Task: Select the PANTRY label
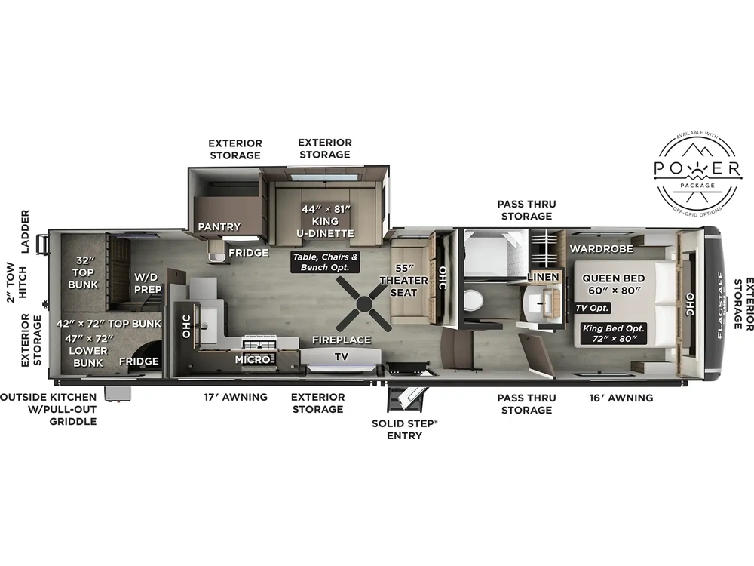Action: [219, 226]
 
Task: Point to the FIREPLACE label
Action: [342, 340]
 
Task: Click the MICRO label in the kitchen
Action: [252, 359]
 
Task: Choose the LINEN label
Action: [543, 277]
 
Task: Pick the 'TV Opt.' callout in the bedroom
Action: [592, 307]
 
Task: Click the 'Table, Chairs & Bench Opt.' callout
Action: [324, 262]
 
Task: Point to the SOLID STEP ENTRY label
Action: [404, 429]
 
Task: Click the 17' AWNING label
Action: [235, 397]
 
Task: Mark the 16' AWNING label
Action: [621, 398]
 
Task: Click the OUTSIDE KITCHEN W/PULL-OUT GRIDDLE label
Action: [48, 409]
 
